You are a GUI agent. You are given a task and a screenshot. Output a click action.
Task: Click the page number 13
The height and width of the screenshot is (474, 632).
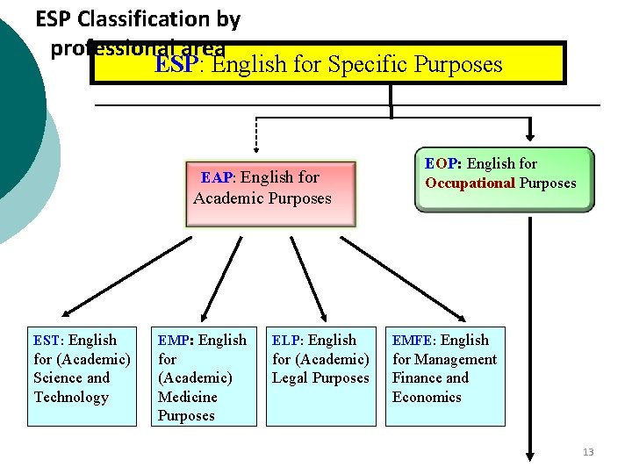588,452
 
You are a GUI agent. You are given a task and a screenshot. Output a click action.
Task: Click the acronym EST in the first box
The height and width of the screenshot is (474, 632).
47,341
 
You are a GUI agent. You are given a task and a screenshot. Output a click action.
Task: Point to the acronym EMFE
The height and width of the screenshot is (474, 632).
413,341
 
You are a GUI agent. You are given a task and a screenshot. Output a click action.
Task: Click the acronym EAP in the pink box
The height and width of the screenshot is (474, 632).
219,177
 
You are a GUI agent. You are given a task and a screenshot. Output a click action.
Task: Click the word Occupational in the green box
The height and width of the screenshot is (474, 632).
470,183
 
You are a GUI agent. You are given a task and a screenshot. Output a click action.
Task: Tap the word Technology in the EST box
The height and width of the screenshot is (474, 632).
71,398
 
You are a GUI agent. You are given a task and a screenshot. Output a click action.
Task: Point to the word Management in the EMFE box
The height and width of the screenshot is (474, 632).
456,359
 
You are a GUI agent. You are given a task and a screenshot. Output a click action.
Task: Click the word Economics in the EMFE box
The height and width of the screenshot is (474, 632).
427,397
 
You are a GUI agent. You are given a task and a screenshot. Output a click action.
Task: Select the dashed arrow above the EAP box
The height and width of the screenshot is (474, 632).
256,132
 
